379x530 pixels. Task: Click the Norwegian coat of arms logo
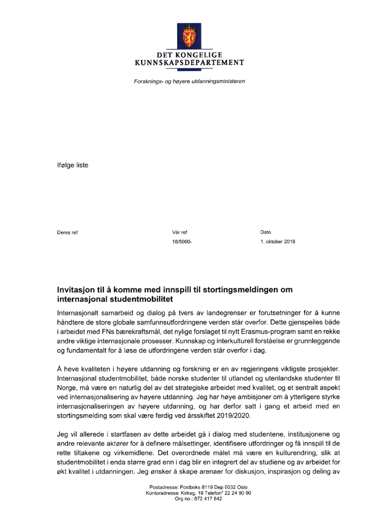coord(189,35)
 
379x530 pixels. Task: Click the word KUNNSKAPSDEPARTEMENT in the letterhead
coord(189,63)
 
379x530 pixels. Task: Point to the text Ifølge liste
coord(73,165)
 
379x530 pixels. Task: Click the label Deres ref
coord(67,232)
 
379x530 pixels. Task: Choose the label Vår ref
coord(179,232)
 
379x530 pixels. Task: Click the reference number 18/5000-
coord(182,241)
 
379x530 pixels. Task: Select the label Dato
coord(266,232)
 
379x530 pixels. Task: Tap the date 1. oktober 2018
coord(278,241)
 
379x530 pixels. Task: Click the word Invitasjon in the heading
coord(76,289)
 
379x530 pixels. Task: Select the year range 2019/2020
coord(233,415)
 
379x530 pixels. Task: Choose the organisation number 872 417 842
coord(208,498)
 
